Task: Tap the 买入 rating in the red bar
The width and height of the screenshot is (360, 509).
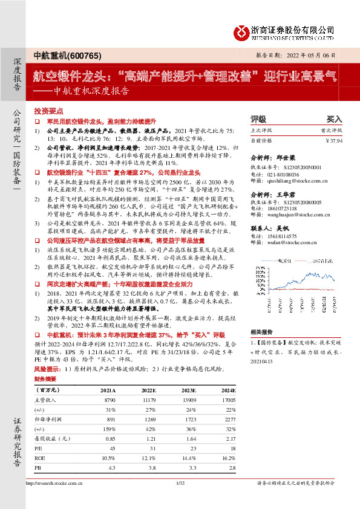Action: click(334, 120)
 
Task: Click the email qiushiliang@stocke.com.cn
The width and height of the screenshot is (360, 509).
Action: click(291, 180)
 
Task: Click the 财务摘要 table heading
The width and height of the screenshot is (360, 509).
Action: click(46, 379)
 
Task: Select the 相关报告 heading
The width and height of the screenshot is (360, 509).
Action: click(261, 332)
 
